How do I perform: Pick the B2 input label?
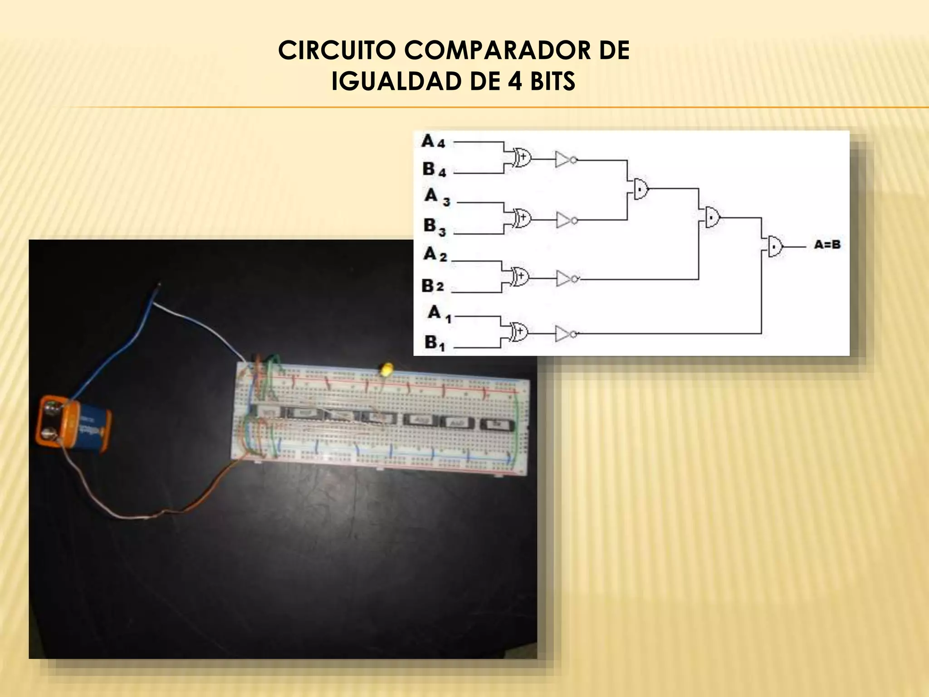pyautogui.click(x=432, y=286)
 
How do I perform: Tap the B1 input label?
pyautogui.click(x=435, y=343)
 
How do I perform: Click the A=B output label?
pyautogui.click(x=827, y=245)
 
